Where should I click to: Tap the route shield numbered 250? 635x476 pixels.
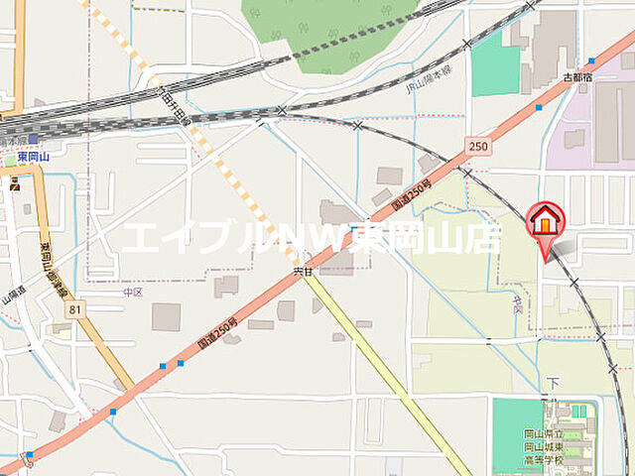(479, 147)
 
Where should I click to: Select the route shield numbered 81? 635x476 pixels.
(77, 310)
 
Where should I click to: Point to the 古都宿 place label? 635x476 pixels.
(576, 76)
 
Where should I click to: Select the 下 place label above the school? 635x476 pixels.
(554, 383)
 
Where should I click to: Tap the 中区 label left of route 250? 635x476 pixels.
(134, 293)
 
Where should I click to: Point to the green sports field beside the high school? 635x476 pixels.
(518, 434)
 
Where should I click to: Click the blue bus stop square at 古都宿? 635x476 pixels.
(591, 61)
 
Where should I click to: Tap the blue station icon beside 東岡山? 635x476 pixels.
(34, 140)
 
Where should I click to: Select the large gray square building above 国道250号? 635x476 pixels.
(166, 317)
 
